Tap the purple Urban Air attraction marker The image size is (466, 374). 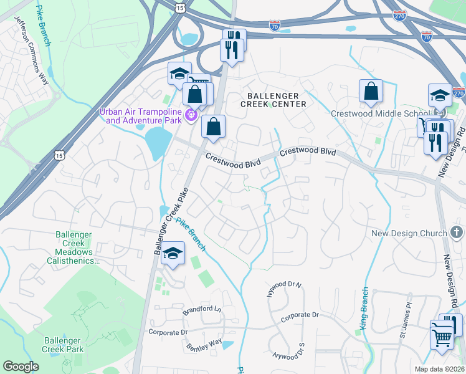click(x=191, y=116)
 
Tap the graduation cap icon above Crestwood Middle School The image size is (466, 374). click(x=440, y=95)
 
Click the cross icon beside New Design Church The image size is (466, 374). click(x=456, y=233)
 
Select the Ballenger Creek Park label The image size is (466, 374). click(x=63, y=345)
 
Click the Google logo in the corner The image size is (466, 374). click(x=21, y=367)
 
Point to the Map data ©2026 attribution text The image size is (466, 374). click(x=440, y=369)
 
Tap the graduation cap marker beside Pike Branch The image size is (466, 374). click(x=173, y=254)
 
